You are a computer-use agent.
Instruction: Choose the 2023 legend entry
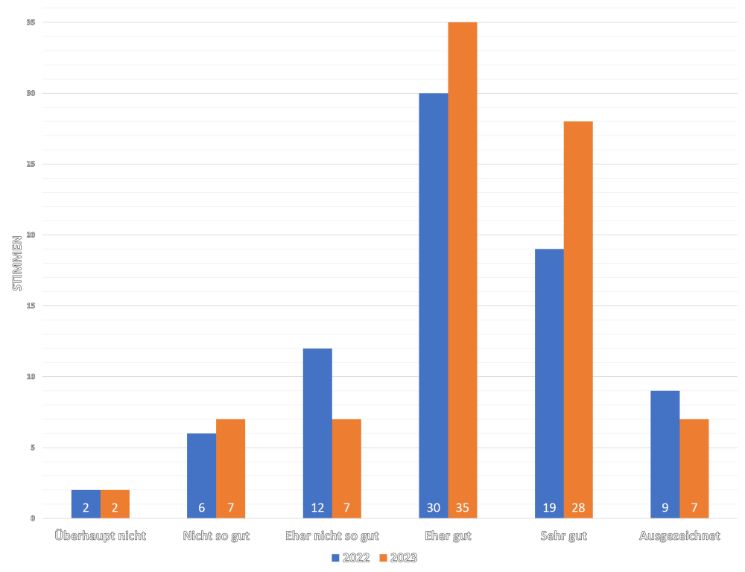398,557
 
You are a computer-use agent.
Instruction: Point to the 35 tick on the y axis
31,22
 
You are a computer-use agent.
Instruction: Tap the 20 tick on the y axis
31,235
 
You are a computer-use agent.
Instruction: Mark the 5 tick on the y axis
33,448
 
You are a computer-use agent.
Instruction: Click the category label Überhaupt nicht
101,536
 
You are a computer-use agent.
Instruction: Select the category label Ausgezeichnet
679,536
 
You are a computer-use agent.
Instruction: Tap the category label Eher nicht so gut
332,536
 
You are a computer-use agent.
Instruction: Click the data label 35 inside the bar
463,509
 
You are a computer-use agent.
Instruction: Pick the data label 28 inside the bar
578,509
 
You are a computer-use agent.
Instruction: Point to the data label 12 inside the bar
317,509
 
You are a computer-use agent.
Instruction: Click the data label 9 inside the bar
665,509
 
